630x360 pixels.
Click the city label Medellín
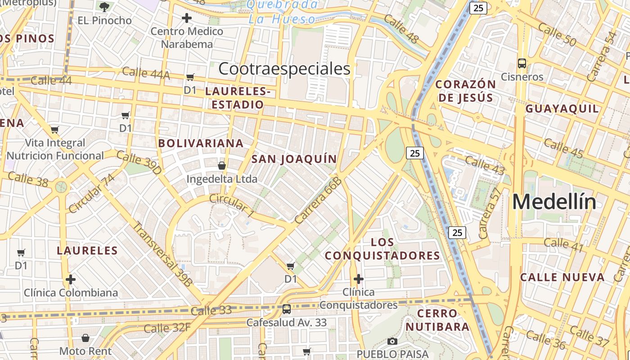click(x=554, y=202)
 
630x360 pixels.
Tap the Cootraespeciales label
click(x=284, y=68)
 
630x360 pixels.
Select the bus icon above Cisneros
click(x=522, y=63)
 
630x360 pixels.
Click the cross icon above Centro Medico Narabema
click(x=187, y=18)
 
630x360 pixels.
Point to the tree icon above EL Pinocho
click(x=104, y=7)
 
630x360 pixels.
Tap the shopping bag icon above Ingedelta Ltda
click(x=222, y=166)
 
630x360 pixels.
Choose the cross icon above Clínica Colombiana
click(x=71, y=279)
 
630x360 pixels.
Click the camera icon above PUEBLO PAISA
click(x=392, y=341)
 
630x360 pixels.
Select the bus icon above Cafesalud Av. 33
click(x=286, y=309)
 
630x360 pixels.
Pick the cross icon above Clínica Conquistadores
click(x=358, y=279)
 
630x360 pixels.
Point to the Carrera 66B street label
click(x=318, y=201)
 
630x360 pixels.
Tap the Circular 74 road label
click(x=91, y=193)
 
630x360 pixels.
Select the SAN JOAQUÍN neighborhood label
click(x=294, y=159)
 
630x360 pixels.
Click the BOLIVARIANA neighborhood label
click(x=201, y=144)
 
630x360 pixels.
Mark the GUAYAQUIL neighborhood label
click(x=562, y=108)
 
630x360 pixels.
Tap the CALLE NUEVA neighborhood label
click(x=562, y=277)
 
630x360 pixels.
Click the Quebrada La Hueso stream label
click(x=283, y=12)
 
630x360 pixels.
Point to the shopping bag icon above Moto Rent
click(x=85, y=337)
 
